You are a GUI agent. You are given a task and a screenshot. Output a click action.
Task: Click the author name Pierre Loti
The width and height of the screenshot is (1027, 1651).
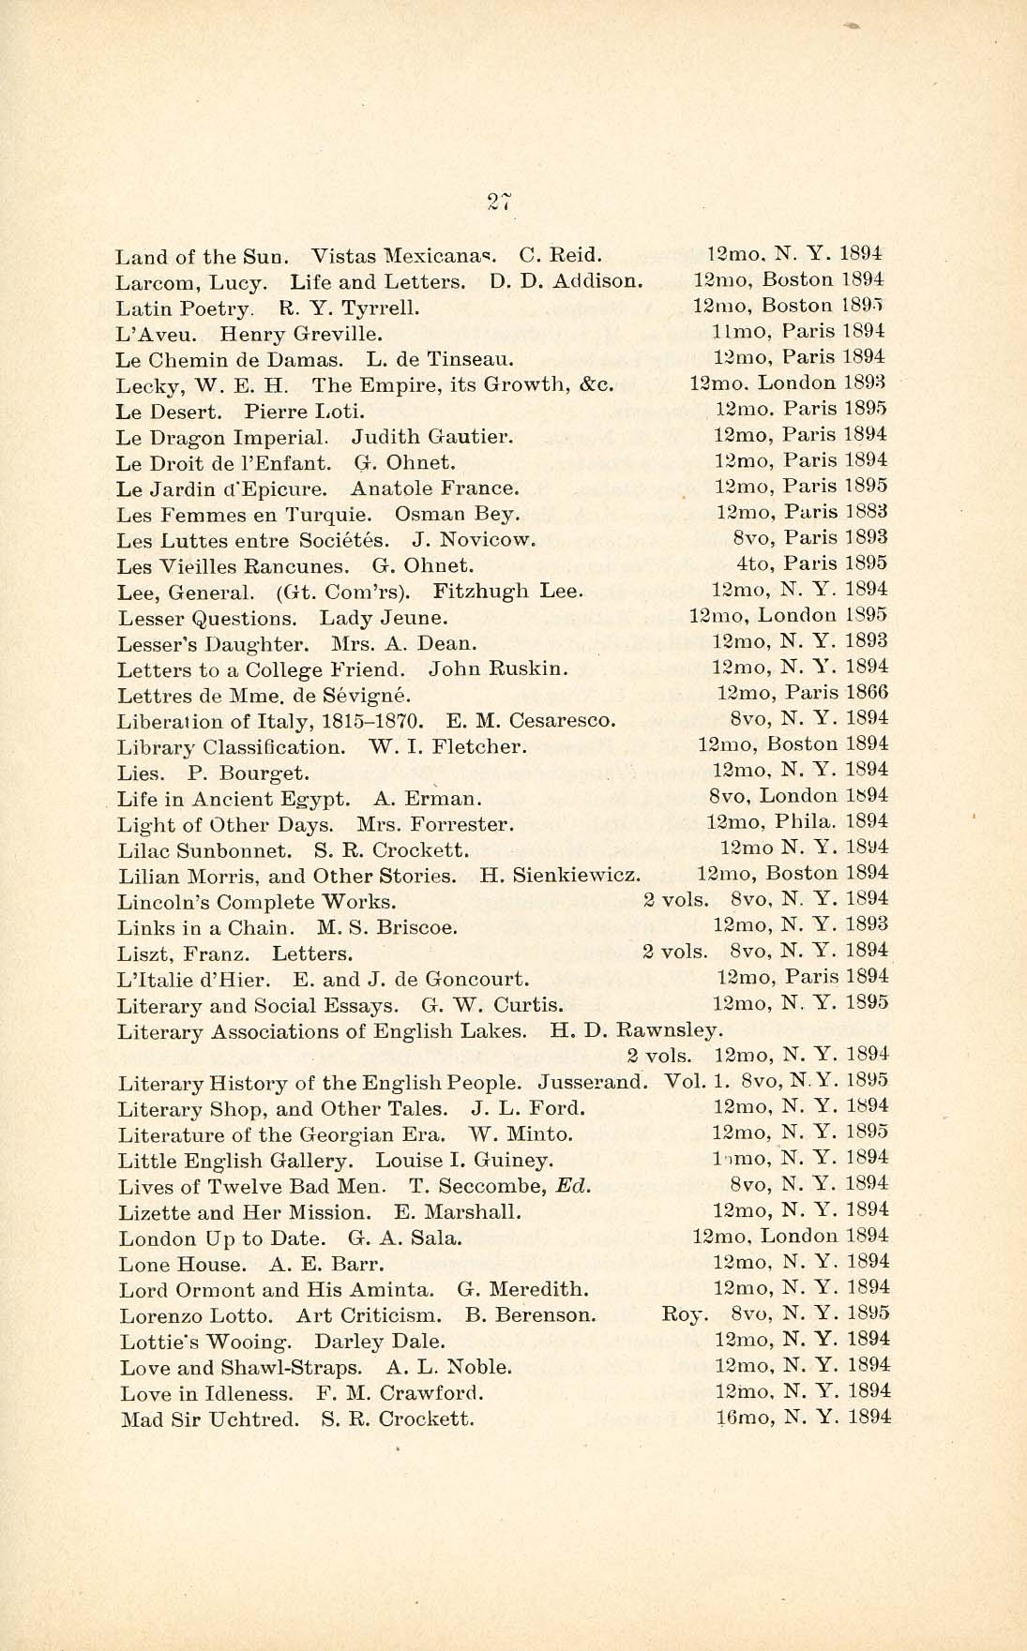point(304,411)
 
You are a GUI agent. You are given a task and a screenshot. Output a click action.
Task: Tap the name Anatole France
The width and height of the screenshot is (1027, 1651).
point(434,488)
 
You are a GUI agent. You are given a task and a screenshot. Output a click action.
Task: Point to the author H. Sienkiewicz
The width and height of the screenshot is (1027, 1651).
point(560,877)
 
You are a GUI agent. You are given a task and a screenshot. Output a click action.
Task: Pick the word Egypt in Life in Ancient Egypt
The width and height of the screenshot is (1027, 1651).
point(314,800)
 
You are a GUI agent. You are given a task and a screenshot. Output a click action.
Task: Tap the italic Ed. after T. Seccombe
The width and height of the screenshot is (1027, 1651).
point(574,1186)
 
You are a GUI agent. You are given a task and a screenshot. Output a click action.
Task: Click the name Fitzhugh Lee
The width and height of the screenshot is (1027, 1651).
point(508,592)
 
